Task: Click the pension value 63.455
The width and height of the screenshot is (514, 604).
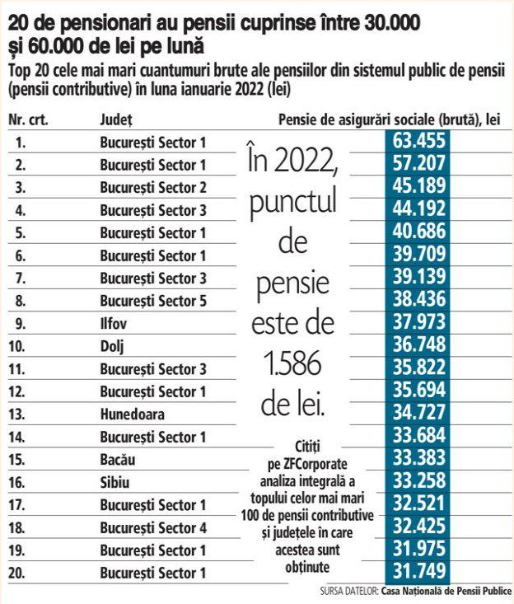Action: click(x=423, y=141)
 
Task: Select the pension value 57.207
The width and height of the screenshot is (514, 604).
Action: click(x=423, y=164)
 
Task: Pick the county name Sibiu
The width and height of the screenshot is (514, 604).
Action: click(x=114, y=481)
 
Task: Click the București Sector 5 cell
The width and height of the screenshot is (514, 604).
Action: click(x=153, y=300)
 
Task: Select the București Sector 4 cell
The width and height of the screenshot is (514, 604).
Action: click(x=153, y=527)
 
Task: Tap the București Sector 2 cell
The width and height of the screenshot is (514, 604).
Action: click(x=153, y=187)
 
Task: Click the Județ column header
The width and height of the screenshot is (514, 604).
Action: click(x=115, y=119)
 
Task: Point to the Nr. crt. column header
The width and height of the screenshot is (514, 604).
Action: click(x=28, y=119)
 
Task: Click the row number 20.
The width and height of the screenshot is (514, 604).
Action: click(x=22, y=572)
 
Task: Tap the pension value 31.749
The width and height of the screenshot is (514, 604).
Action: click(x=423, y=570)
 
